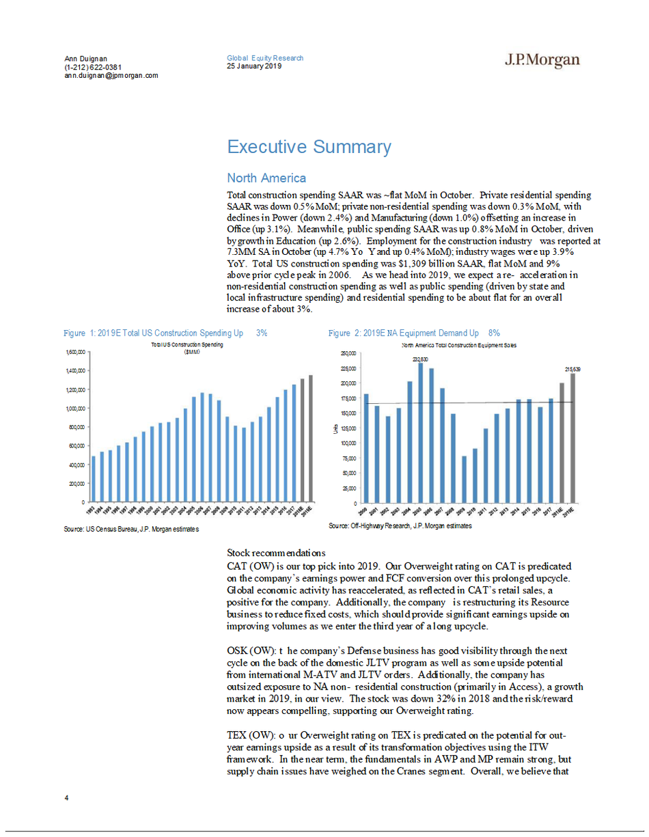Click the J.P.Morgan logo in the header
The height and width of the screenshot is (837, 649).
click(x=542, y=61)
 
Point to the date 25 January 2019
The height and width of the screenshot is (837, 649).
click(x=255, y=66)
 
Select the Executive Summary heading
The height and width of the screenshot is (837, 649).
click(x=309, y=147)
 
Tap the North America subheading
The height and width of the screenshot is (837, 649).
click(x=266, y=178)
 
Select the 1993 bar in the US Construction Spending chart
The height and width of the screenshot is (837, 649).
click(x=94, y=479)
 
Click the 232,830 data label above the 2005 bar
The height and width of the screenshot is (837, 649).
click(x=420, y=359)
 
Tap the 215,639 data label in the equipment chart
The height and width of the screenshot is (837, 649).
click(x=572, y=369)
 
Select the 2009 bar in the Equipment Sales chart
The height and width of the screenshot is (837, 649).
click(x=465, y=480)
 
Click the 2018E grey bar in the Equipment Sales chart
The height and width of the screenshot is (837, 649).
click(x=562, y=443)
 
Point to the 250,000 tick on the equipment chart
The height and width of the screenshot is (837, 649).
click(x=347, y=354)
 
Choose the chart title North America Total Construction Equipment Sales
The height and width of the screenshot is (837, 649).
click(x=458, y=346)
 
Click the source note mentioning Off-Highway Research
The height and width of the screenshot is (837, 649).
click(x=400, y=527)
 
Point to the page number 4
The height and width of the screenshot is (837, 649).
click(x=67, y=797)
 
